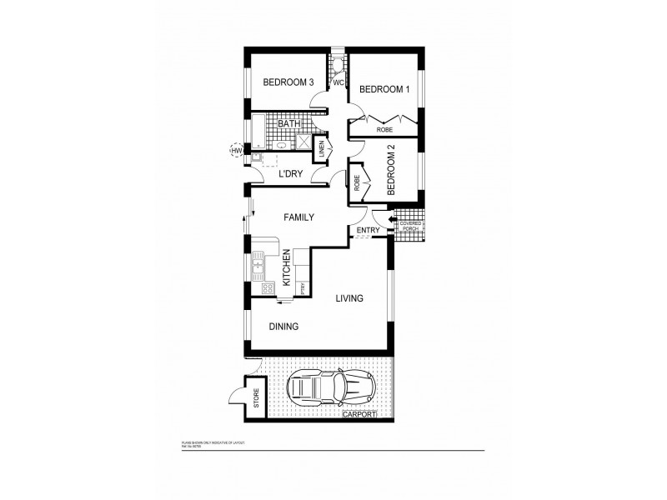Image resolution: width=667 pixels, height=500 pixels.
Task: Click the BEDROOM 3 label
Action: [x=288, y=82]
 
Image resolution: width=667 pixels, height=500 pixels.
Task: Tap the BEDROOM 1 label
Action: [x=384, y=89]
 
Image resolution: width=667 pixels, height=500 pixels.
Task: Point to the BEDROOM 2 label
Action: [x=391, y=169]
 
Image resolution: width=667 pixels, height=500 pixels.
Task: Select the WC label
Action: [x=339, y=82]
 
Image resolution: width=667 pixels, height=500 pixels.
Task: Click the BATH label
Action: [x=288, y=124]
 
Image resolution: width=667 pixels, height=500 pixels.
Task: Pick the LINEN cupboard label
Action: [x=322, y=151]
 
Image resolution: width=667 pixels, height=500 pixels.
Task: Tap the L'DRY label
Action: [x=289, y=173]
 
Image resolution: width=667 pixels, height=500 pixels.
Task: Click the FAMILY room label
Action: [x=298, y=217]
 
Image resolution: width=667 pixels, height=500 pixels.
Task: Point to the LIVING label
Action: [x=349, y=297]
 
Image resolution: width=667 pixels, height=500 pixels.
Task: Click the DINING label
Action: [x=283, y=327]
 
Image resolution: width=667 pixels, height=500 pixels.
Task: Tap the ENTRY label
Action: [x=368, y=231]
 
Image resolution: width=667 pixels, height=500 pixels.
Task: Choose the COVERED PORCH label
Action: [x=411, y=226]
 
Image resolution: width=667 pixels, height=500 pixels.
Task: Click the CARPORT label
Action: [x=359, y=413]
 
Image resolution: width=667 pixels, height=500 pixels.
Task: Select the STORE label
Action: [x=257, y=398]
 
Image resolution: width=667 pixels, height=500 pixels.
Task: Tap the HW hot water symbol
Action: [x=236, y=151]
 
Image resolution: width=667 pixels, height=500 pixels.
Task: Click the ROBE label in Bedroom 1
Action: [x=384, y=130]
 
